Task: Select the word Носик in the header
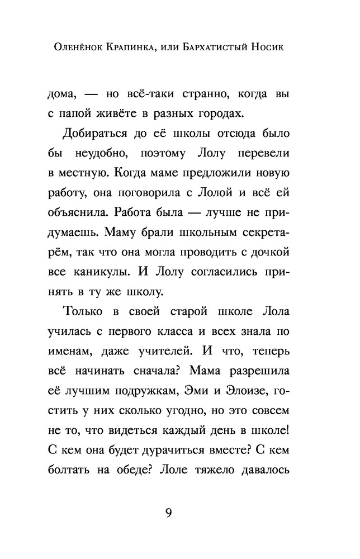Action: point(283,48)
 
